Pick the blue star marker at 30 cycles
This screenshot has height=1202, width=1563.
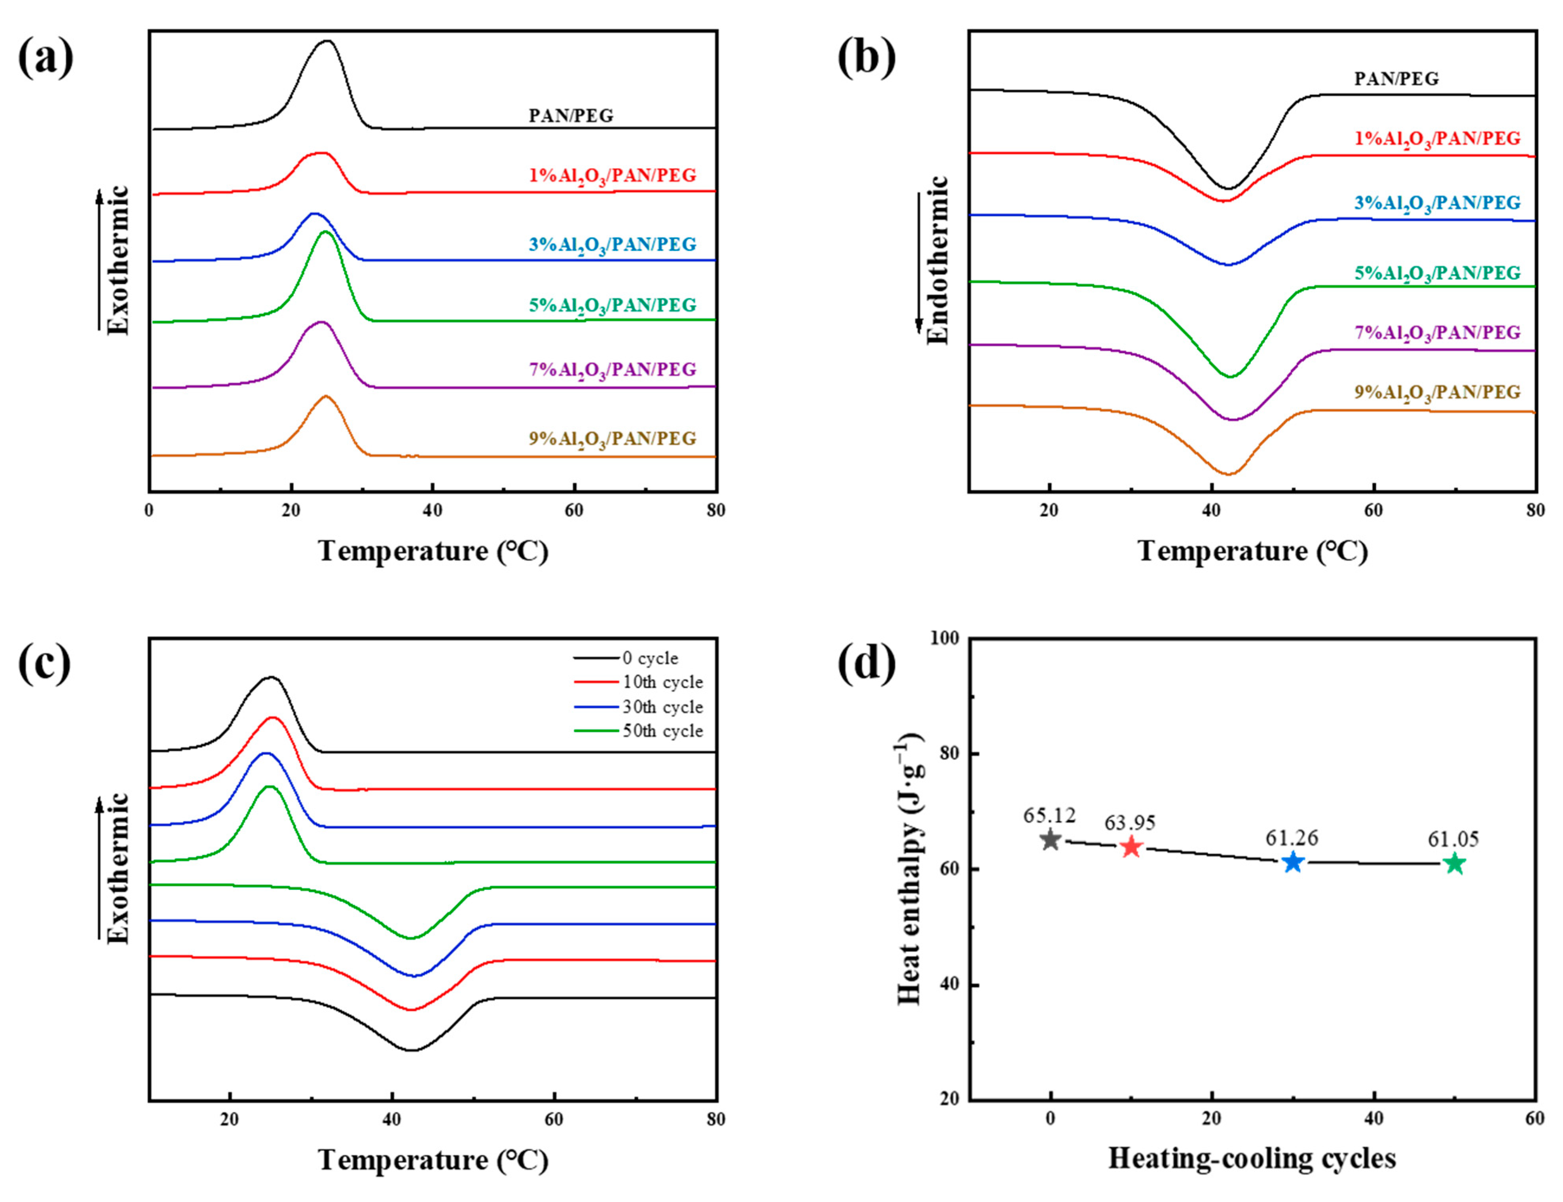click(1292, 862)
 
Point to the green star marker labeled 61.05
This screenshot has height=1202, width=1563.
click(1454, 864)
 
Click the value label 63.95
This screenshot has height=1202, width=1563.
click(1130, 823)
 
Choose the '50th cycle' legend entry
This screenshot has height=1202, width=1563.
click(662, 730)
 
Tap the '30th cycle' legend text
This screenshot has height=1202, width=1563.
click(662, 707)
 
